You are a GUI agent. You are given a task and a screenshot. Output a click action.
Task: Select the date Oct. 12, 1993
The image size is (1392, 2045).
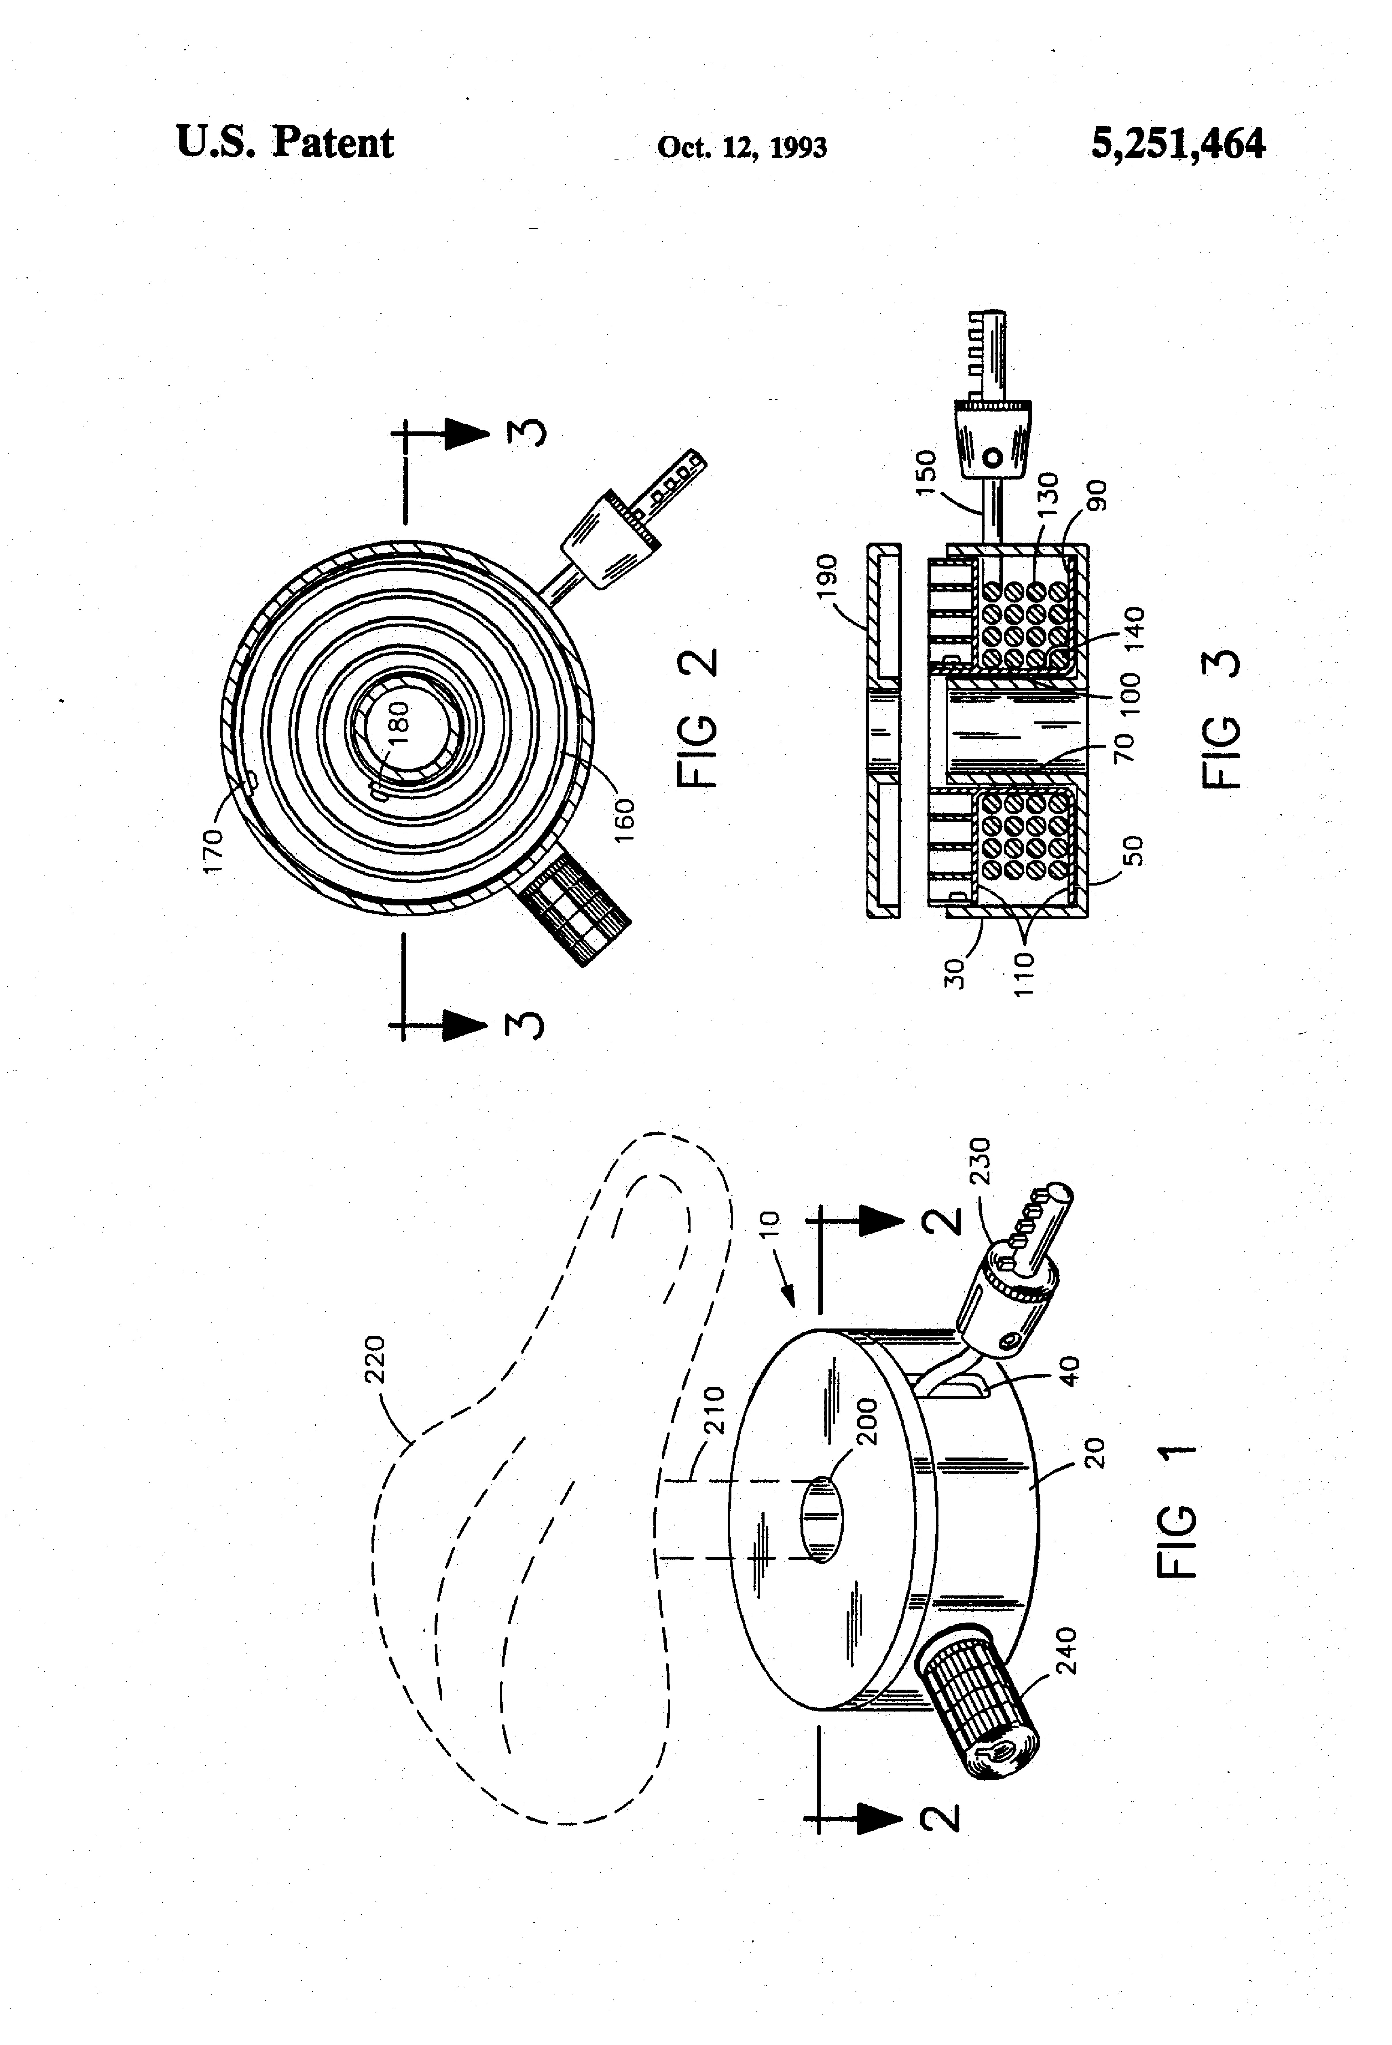pyautogui.click(x=742, y=147)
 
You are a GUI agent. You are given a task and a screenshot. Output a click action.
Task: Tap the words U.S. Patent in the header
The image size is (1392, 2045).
pyautogui.click(x=285, y=143)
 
